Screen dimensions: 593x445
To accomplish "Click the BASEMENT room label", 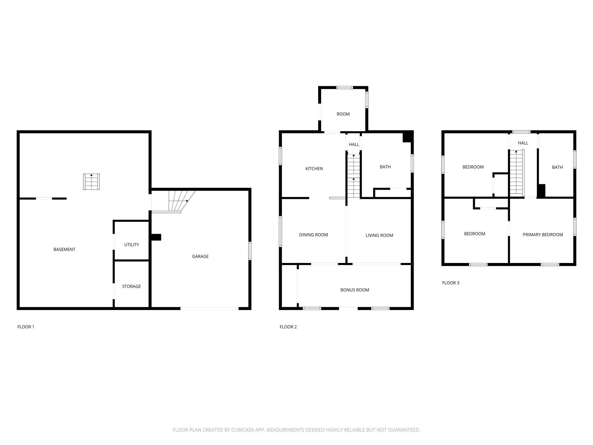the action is coord(64,249).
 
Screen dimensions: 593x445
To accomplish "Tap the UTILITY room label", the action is coord(131,245).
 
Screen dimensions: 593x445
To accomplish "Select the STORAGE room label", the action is coord(131,286).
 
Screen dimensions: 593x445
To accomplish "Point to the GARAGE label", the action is coord(200,256).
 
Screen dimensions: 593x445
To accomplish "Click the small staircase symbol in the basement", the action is coord(92,182).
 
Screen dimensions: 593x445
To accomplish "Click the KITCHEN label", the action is coord(314,169).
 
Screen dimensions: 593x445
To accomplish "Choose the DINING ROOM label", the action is coord(314,235).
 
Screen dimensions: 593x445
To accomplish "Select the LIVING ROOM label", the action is coord(379,235).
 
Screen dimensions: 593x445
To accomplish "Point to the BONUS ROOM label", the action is coord(355,290).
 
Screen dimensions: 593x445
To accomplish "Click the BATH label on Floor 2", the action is coord(385,167).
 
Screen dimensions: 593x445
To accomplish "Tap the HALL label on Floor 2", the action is coord(354,145).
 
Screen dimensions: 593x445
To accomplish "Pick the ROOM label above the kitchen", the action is coord(343,114).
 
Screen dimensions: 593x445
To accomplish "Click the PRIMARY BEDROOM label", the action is coord(543,235).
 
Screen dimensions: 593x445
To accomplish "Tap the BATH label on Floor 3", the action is coord(557,167).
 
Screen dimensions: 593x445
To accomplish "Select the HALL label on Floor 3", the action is coord(523,143).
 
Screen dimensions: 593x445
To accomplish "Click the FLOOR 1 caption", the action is coord(26,327).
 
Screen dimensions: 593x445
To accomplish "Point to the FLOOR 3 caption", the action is coord(451,283).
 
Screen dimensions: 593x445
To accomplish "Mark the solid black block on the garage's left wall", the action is coord(156,237).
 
